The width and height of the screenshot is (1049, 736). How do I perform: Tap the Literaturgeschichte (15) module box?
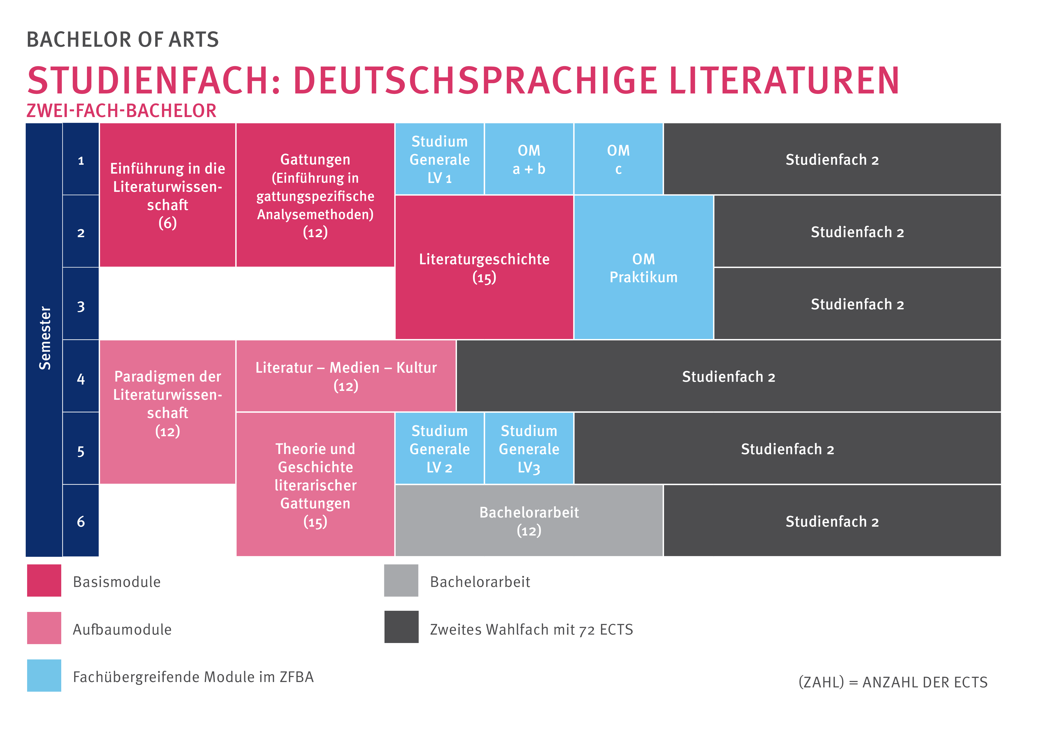pos(484,268)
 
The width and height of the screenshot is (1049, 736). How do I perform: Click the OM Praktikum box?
pos(643,268)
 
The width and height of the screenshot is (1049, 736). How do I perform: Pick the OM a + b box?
pos(529,159)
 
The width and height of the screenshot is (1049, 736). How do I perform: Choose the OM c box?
pos(618,159)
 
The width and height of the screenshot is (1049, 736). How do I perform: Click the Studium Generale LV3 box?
pos(529,449)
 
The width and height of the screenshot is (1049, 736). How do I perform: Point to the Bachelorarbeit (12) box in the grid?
pos(529,521)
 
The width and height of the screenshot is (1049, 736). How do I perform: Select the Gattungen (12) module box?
pos(315,196)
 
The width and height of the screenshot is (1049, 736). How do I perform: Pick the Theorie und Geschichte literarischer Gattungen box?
pos(315,484)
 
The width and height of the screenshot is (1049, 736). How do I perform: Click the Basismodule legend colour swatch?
pos(44,581)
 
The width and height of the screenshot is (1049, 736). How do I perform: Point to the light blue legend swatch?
pos(44,675)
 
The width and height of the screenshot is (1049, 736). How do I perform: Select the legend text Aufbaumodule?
pos(122,629)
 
